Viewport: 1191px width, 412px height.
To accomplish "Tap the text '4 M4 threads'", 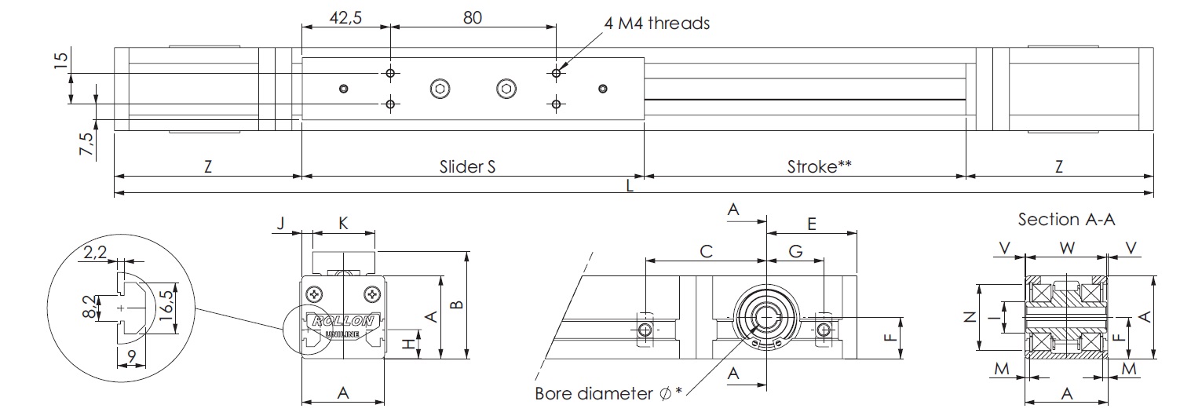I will pyautogui.click(x=656, y=23).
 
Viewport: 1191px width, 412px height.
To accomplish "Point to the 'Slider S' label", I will pyautogui.click(x=468, y=166).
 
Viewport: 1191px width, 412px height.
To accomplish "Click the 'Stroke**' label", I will pyautogui.click(x=820, y=166).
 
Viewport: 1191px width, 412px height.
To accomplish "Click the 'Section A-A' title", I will pyautogui.click(x=1066, y=220).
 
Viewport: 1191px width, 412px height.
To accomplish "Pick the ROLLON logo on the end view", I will pyautogui.click(x=342, y=321).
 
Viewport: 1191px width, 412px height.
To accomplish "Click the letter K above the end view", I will pyautogui.click(x=343, y=223).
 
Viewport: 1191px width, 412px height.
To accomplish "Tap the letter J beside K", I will pyautogui.click(x=280, y=224).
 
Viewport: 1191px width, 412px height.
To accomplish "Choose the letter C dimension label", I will pyautogui.click(x=706, y=251).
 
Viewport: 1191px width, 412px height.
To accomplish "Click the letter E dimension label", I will pyautogui.click(x=811, y=224).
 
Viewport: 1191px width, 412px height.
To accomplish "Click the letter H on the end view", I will pyautogui.click(x=407, y=343).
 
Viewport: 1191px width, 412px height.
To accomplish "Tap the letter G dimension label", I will pyautogui.click(x=795, y=251).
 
